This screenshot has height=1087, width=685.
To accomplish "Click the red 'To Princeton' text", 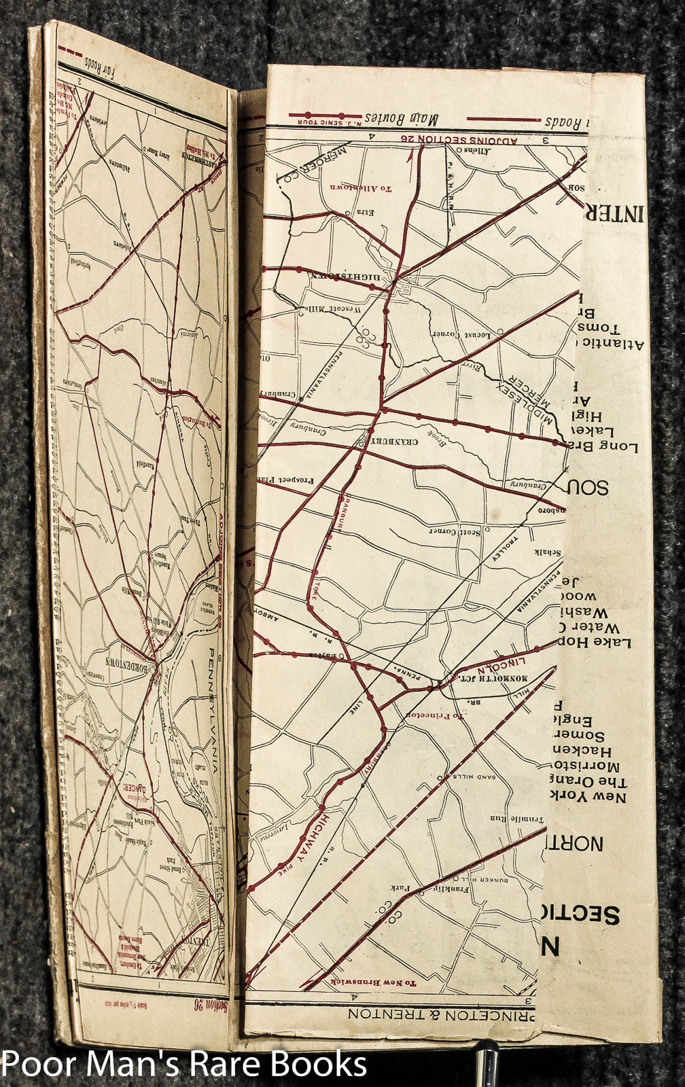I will click(434, 715).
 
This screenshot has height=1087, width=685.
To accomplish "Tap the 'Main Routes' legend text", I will click(401, 118).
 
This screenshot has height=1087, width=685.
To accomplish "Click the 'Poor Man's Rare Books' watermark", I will click(184, 1065).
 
